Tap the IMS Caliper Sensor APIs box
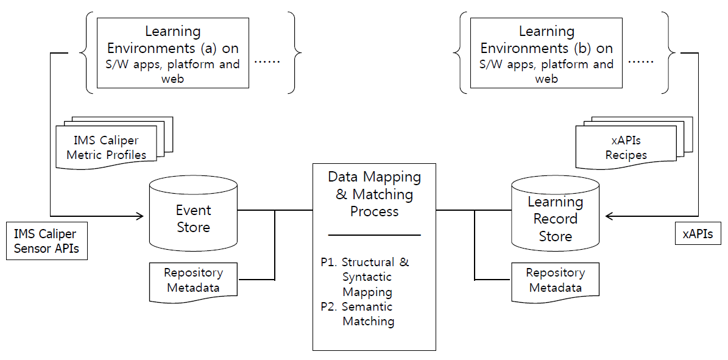click(x=47, y=241)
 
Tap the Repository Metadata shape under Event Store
click(x=193, y=280)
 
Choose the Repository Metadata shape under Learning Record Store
click(x=554, y=280)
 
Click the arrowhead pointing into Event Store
click(x=139, y=215)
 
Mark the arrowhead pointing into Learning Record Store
click(x=610, y=215)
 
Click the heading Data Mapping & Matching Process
click(x=374, y=194)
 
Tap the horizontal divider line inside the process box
click(x=374, y=235)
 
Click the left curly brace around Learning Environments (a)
click(x=87, y=53)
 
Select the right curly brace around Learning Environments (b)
click(x=671, y=53)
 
